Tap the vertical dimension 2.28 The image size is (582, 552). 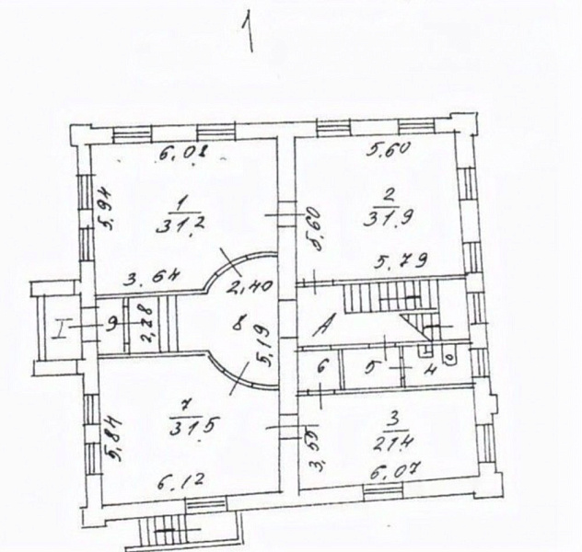(x=146, y=325)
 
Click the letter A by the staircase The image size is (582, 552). (x=324, y=323)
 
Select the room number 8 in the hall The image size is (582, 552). (x=239, y=323)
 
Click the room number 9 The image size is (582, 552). (x=111, y=324)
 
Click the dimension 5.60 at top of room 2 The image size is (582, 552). (x=387, y=152)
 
